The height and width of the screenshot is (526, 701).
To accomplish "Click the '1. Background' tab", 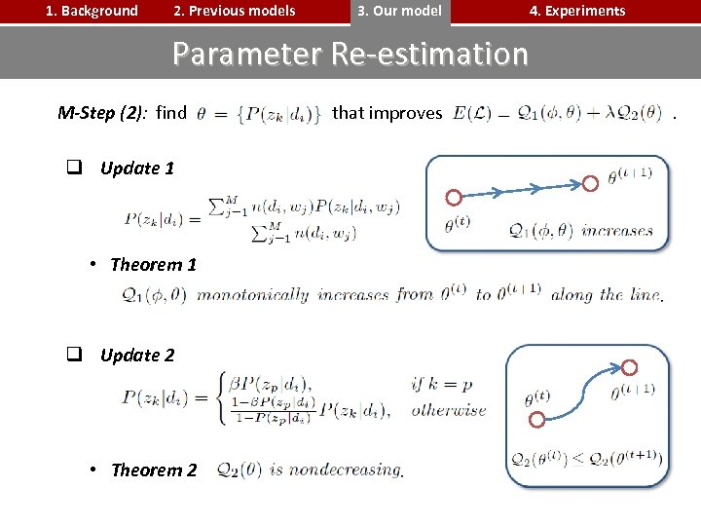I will pos(92,12).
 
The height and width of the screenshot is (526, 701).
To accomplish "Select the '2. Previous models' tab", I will pos(234,12).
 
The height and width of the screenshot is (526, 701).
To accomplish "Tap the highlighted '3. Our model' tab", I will pos(399,12).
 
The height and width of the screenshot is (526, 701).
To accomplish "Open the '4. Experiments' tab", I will pos(576,12).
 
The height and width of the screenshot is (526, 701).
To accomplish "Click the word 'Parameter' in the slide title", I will pos(248,54).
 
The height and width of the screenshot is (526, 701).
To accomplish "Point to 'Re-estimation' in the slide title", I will pos(429,54).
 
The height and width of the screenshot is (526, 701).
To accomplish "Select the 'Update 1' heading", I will pos(136,169).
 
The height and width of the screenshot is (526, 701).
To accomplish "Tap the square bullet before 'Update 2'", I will pos(73,356).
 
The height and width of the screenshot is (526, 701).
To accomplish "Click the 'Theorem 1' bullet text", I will pos(153,265).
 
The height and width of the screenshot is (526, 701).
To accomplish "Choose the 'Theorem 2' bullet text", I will pos(153,470).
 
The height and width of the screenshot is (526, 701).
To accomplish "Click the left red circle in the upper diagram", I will pos(453,198).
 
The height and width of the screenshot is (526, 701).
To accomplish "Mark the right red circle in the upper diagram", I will pos(590,182).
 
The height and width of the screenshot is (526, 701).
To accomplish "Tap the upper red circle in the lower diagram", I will pos(629,367).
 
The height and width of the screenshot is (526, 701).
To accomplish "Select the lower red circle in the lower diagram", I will pos(536,420).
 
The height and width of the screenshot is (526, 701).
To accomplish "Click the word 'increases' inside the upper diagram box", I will pos(617,231).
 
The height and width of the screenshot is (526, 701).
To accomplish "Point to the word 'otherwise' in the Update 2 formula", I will pos(448,410).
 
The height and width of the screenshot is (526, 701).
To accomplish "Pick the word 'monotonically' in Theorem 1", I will pos(252,295).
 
